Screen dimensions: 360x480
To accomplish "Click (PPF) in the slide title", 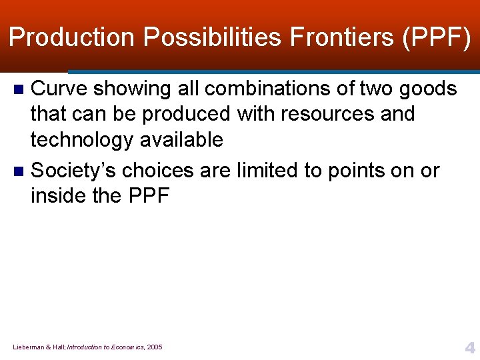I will pos(437,37).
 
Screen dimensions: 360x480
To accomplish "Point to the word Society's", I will pos(75,171).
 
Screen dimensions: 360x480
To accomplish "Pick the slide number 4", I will pos(469,347).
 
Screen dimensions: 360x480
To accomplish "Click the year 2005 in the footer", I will pos(154,347).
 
